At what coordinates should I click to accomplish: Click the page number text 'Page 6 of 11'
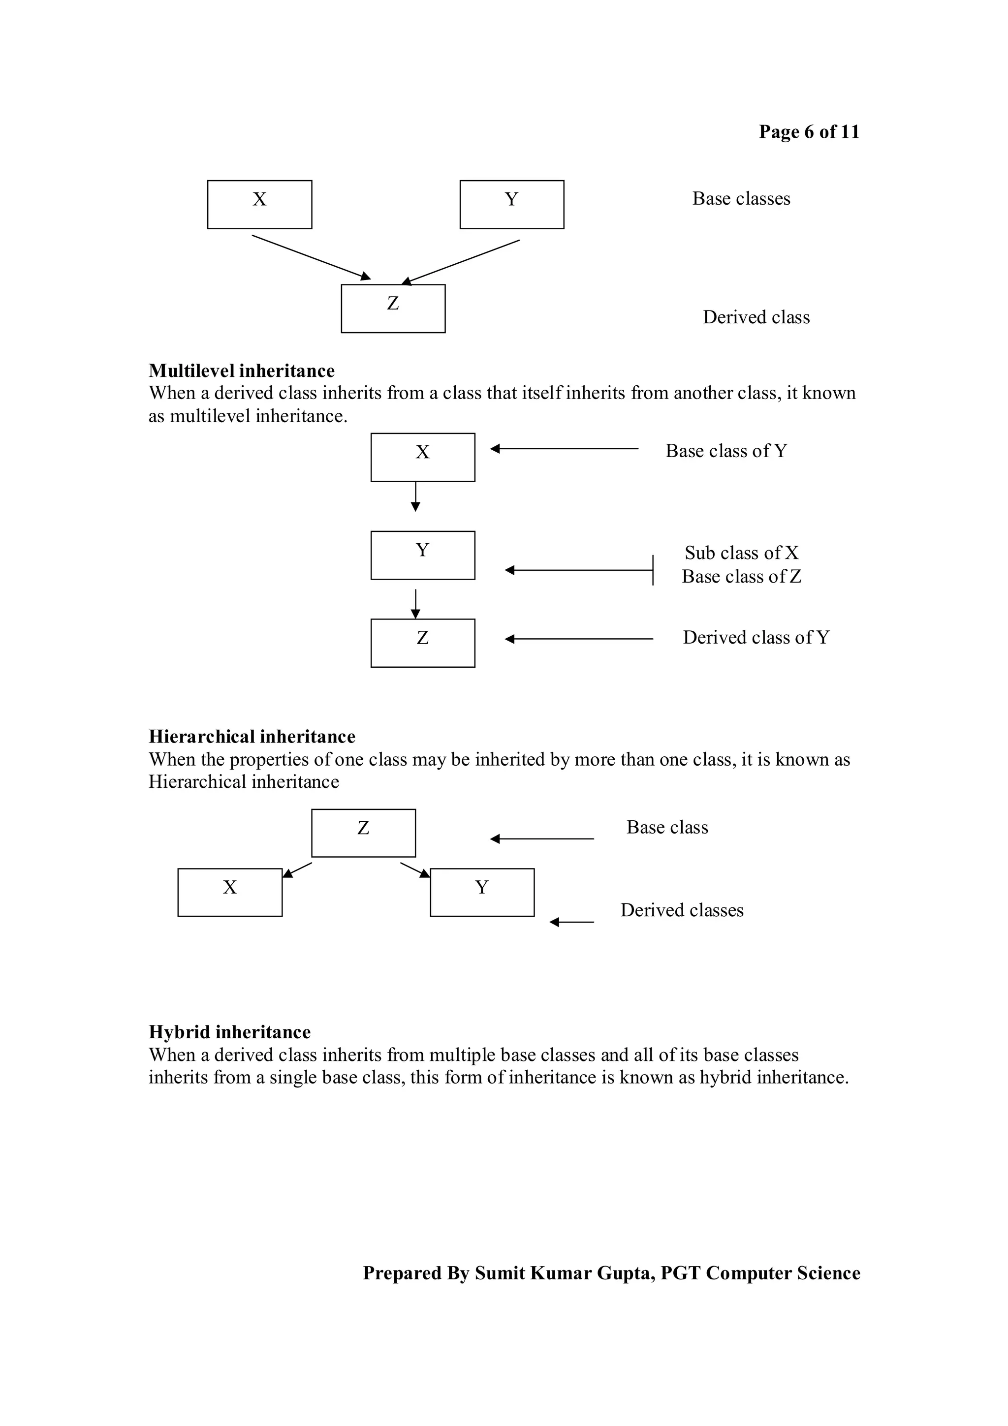point(809,132)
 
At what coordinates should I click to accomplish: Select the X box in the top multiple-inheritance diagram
point(259,204)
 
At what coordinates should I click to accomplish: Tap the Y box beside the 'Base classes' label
point(512,204)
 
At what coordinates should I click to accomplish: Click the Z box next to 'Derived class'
point(393,309)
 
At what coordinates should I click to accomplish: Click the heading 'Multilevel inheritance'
point(242,371)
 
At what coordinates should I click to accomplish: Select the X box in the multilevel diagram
point(423,457)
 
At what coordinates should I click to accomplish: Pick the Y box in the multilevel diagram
point(423,555)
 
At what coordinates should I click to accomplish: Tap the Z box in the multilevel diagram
point(423,643)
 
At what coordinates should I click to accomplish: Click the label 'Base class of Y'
point(726,451)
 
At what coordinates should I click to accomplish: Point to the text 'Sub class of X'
point(742,553)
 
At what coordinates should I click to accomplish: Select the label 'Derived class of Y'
point(756,638)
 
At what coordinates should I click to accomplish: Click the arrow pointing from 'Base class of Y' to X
point(564,448)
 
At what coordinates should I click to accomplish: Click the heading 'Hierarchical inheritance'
point(252,737)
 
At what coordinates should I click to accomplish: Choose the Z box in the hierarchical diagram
point(363,833)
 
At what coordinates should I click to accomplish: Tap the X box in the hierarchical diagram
point(230,892)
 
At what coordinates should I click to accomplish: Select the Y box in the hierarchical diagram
point(482,892)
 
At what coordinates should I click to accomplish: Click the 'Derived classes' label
point(682,910)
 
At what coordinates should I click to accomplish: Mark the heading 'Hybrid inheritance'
point(230,1032)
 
